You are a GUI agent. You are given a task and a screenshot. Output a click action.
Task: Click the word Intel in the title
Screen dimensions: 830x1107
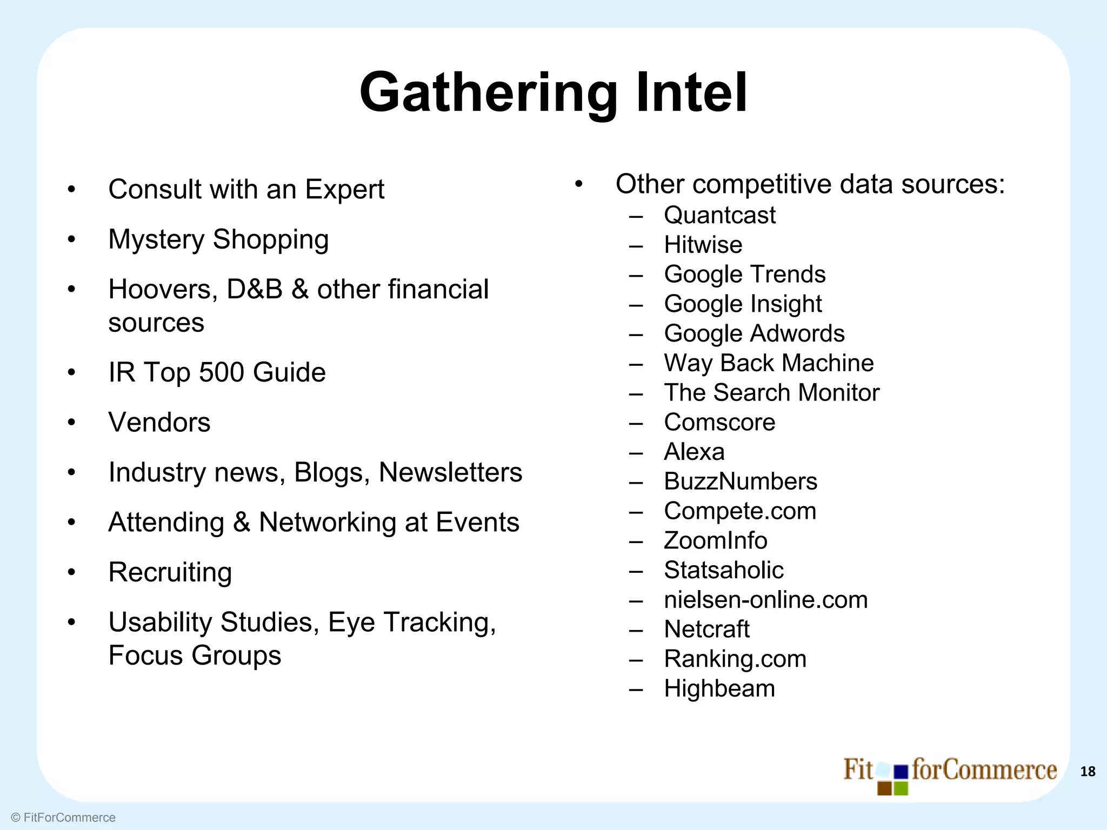[692, 92]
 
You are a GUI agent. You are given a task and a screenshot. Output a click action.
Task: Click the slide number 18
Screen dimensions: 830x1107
[1088, 772]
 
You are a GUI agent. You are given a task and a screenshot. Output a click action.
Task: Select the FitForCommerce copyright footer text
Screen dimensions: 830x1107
[63, 818]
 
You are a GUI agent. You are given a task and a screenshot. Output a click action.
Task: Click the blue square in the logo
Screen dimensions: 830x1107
[901, 772]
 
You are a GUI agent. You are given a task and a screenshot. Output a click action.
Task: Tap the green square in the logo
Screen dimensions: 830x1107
[901, 789]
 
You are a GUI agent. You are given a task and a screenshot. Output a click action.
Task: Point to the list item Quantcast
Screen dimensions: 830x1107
[719, 215]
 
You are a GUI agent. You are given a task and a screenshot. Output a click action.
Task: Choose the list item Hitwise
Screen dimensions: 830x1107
[703, 245]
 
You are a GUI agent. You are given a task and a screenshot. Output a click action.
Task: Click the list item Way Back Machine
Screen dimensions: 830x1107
[768, 363]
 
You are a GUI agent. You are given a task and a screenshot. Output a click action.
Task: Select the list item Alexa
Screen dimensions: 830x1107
[694, 452]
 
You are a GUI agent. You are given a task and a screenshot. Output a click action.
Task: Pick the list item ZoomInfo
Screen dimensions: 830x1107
[715, 540]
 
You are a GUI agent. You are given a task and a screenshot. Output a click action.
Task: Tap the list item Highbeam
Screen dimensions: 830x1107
[719, 688]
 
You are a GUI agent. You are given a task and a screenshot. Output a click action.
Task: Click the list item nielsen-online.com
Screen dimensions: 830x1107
[765, 600]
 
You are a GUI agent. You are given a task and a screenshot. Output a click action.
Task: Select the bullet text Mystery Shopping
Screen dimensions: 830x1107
[218, 239]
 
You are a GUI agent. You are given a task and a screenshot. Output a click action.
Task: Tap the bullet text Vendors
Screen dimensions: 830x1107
[159, 422]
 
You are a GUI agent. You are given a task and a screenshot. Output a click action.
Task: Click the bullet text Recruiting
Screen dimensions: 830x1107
[170, 572]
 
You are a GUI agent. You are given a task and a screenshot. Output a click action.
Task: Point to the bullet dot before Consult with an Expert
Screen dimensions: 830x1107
[71, 190]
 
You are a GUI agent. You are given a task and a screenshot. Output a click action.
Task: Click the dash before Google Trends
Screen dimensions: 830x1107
[636, 275]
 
